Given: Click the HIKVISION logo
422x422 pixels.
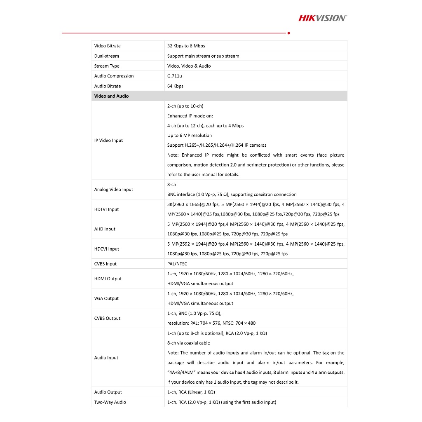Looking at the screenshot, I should click(322, 18).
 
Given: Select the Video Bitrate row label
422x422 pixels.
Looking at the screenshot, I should click(108, 46).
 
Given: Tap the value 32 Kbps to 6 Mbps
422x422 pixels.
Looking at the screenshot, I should click(186, 46).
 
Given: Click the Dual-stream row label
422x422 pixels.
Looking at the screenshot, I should click(106, 56).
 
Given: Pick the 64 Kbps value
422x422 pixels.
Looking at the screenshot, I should click(175, 86).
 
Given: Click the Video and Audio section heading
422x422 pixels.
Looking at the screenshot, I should click(111, 96).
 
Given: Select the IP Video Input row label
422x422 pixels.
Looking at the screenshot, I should click(108, 141).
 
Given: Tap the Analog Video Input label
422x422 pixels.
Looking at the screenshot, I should click(114, 190).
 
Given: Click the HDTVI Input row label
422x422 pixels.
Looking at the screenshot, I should click(106, 209).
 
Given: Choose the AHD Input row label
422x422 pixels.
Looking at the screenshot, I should click(105, 229).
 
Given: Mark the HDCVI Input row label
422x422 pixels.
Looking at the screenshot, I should click(107, 249).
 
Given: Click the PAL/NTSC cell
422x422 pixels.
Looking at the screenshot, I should click(177, 264).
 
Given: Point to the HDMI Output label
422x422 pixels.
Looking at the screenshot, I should click(108, 279).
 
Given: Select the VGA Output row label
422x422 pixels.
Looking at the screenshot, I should click(106, 298).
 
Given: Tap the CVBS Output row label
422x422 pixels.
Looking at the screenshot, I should click(107, 318).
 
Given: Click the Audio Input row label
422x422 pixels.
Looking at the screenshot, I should click(106, 358).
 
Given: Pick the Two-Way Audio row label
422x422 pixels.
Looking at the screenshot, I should click(110, 402).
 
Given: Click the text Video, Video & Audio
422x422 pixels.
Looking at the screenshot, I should click(189, 66).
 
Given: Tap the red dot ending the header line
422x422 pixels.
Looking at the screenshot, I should click(288, 33).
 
